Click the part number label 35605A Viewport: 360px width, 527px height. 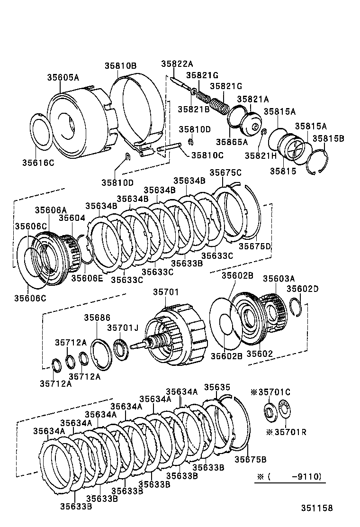63,77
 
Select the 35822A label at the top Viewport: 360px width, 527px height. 177,64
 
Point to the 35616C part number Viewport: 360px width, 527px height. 38,163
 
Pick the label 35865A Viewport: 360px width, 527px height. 232,142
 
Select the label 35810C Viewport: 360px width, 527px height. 207,155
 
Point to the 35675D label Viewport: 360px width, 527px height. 254,246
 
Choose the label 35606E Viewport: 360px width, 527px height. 87,278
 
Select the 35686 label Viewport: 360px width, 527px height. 98,318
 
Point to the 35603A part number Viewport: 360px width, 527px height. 279,279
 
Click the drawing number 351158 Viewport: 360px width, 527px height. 316,508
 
